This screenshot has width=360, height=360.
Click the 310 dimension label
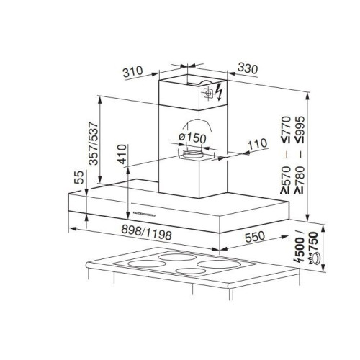[132, 71]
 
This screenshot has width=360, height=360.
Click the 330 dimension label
[248, 68]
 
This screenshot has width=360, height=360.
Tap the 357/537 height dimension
[94, 143]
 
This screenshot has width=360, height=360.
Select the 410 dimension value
[122, 154]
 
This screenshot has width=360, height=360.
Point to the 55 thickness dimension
[80, 177]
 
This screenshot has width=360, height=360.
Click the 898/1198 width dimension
[146, 233]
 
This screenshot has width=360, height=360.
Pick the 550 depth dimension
[255, 237]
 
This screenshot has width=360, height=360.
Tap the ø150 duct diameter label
[193, 138]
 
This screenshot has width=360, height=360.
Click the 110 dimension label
[257, 144]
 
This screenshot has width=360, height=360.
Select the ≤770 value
[287, 130]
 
